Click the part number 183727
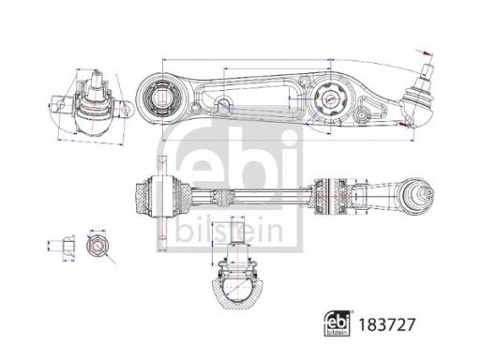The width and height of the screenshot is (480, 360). click(387, 324)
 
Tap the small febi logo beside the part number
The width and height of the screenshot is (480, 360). click(337, 323)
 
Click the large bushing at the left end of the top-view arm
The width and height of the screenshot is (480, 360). click(161, 97)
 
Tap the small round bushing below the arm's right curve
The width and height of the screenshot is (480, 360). click(362, 114)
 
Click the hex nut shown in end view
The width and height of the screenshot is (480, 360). click(97, 245)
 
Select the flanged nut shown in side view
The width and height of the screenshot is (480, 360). click(67, 245)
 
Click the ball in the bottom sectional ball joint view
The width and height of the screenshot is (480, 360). click(237, 287)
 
